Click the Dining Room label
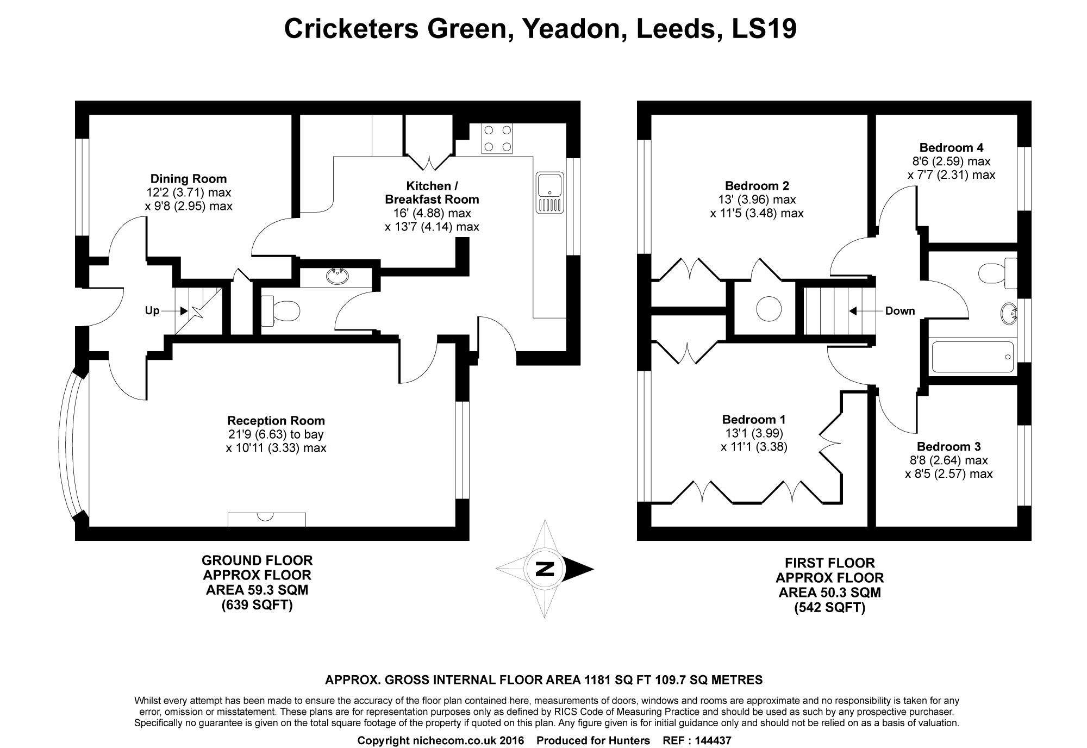(x=189, y=179)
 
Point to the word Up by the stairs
(x=152, y=311)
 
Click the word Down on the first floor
(x=900, y=311)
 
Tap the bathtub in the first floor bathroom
(x=973, y=357)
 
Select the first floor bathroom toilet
(x=998, y=273)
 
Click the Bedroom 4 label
(x=951, y=147)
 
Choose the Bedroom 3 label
(x=948, y=447)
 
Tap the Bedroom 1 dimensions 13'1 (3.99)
(x=754, y=433)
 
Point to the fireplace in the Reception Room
(x=267, y=519)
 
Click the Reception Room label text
(x=276, y=421)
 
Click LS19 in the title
(x=764, y=29)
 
